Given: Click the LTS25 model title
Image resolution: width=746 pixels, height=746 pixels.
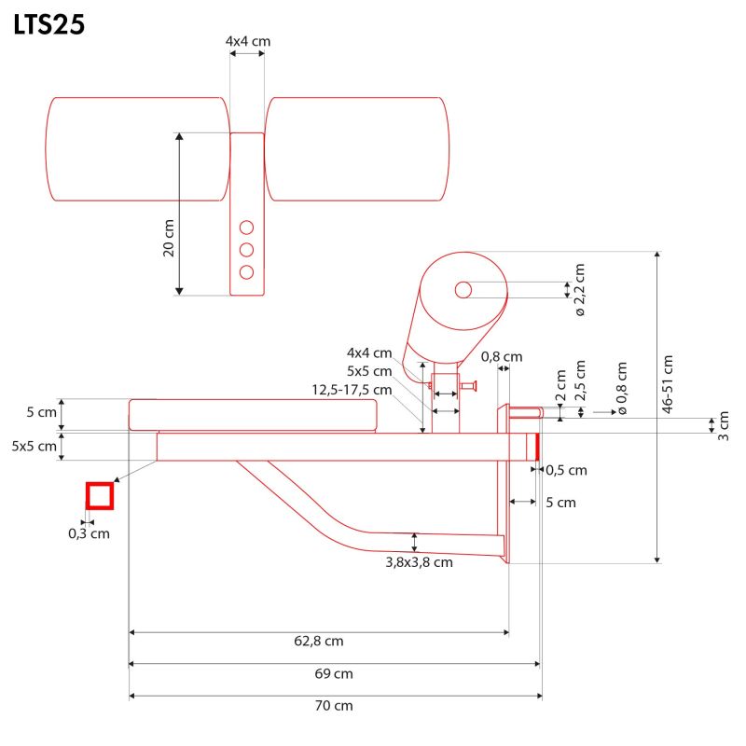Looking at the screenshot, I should coord(49,25).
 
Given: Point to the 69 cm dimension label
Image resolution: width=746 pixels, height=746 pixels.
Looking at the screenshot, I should coord(335,673).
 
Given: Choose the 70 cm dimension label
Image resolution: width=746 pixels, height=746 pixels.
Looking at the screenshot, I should coord(335,706).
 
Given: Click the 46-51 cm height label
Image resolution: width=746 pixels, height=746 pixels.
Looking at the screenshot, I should coord(667,383).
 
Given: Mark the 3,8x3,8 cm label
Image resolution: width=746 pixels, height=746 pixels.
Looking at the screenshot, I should coord(419,562).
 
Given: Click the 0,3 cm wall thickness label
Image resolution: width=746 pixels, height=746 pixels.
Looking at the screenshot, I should coord(90,533).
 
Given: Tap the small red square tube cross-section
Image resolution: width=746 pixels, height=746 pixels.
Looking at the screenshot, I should coord(100,495).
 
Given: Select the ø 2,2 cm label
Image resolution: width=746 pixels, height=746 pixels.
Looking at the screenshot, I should coord(579,289).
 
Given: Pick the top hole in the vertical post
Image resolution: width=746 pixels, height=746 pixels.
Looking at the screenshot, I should coord(247,227).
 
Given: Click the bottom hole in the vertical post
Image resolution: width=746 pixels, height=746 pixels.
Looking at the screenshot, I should coord(247,271).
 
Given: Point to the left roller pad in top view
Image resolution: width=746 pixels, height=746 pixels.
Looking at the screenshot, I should coord(137,149).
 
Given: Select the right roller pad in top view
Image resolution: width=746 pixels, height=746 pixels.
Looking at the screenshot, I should coord(357,149).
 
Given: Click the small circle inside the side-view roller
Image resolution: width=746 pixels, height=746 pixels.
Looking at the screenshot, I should coord(463,290).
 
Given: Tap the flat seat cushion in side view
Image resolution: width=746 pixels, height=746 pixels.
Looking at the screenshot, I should coord(253,414).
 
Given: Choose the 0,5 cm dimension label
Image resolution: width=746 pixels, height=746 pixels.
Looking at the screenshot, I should coord(566,470).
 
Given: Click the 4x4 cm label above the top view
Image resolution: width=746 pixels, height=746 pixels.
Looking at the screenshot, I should coord(248,42).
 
